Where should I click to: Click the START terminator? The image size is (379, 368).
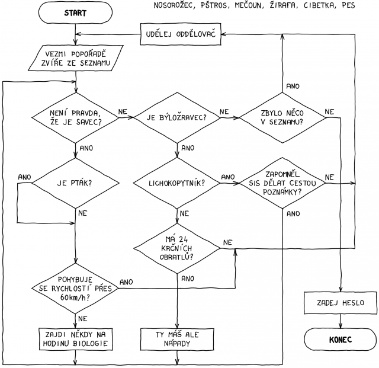[x=75, y=13]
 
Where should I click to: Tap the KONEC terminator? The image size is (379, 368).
[x=341, y=340]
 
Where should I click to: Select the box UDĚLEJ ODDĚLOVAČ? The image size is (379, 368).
[x=181, y=34]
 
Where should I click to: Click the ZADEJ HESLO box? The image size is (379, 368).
[x=341, y=303]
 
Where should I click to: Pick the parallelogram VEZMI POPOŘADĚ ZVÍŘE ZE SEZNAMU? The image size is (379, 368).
[x=75, y=58]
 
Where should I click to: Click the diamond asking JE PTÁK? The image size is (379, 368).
[x=75, y=183]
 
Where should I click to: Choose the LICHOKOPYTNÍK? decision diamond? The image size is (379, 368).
[x=177, y=183]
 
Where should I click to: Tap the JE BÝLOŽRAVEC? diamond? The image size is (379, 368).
[x=177, y=118]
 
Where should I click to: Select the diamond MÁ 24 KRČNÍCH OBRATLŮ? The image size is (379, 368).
[x=177, y=248]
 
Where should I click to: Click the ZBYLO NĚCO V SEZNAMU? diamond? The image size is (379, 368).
[x=282, y=118]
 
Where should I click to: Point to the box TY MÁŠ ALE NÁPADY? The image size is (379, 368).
[x=177, y=339]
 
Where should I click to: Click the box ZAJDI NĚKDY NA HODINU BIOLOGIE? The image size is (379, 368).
[x=76, y=339]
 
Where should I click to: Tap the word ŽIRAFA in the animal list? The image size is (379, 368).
[x=283, y=5]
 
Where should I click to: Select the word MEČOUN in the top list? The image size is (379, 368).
[x=249, y=5]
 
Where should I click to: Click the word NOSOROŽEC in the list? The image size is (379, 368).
[x=174, y=5]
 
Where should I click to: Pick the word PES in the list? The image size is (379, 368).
[x=348, y=5]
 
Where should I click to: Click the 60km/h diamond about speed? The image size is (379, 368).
[x=75, y=289]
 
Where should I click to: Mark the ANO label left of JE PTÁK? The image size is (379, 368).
[x=25, y=177]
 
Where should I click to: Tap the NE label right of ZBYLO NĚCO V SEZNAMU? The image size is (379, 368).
[x=329, y=112]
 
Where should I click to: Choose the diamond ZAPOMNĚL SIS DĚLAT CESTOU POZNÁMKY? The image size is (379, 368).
[x=282, y=183]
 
